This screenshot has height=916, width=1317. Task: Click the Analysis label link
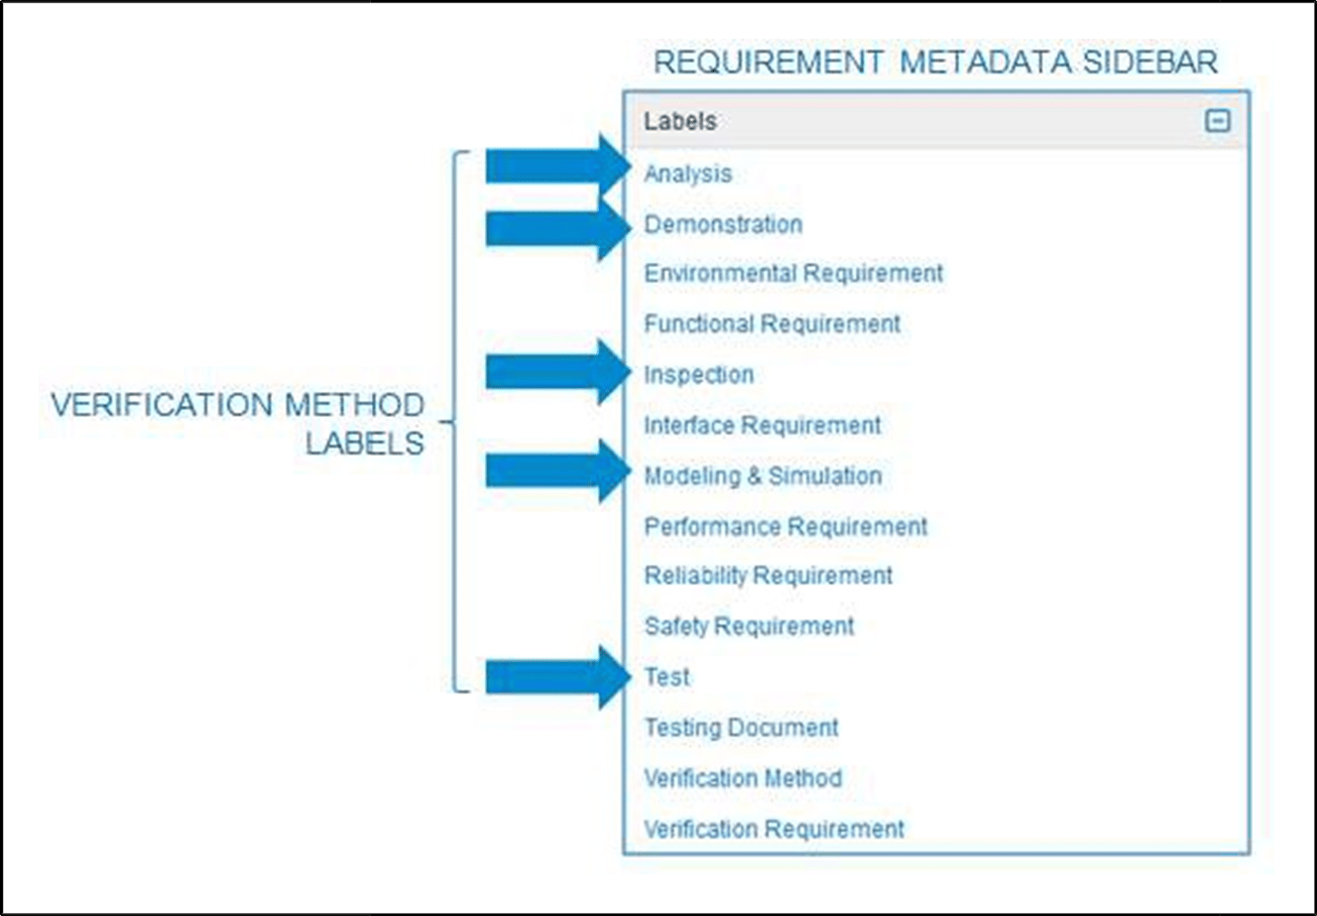coord(687,174)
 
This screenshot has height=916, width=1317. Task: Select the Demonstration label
coord(723,224)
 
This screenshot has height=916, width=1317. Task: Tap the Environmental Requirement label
coord(793,273)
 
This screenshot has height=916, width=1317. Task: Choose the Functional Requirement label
coord(772,324)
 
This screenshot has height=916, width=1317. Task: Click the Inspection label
coord(698,375)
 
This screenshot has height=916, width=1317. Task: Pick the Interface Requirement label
coord(762,426)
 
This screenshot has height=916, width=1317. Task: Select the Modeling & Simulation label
coord(763,476)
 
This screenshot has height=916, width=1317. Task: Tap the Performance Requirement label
coord(785,526)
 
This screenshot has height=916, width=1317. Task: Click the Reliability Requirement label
coord(768,576)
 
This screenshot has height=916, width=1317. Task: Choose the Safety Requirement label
coord(749,626)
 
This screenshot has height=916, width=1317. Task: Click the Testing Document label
coord(741,727)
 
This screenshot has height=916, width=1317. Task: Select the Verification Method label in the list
coord(743,778)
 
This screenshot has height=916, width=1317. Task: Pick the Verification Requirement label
coord(774,829)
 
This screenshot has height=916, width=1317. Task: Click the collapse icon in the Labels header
coord(1217,121)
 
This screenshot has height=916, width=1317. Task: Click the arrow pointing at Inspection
coord(556,372)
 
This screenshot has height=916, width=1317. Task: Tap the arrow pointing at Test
coord(556,677)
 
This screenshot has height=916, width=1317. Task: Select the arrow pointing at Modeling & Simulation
coord(556,471)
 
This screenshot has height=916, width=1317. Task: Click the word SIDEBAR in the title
coord(1149,63)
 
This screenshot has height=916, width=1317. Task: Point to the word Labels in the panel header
coord(679,121)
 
